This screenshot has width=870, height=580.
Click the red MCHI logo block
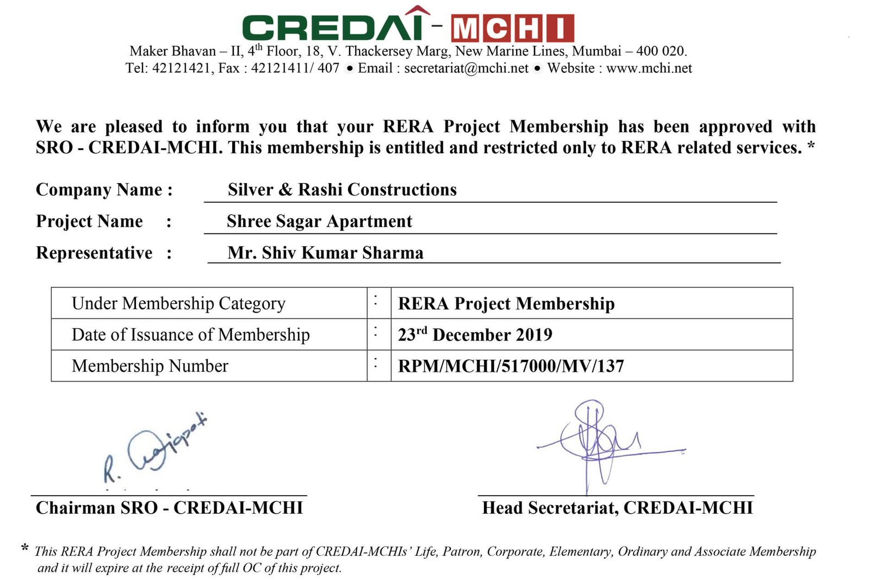click(512, 29)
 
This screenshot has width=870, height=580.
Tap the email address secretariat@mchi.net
click(466, 68)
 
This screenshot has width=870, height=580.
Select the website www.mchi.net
click(649, 68)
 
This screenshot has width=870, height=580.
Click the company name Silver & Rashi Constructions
click(342, 190)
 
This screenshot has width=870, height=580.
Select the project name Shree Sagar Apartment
click(319, 221)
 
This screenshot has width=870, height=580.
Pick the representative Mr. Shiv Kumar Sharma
click(325, 253)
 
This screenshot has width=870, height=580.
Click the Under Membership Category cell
click(178, 303)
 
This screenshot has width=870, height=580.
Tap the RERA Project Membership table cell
click(506, 303)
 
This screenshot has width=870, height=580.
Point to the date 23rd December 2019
click(475, 334)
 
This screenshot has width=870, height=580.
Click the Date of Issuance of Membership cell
click(190, 335)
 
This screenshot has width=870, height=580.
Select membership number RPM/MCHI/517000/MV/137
click(511, 366)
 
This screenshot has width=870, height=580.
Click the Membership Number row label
click(150, 366)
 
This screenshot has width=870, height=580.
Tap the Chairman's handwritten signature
click(155, 448)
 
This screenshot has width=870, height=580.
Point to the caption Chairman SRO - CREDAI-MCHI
click(169, 508)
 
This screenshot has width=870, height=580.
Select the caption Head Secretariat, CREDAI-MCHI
click(617, 508)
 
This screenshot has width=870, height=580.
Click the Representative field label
click(94, 253)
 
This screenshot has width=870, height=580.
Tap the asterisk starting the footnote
click(24, 548)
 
